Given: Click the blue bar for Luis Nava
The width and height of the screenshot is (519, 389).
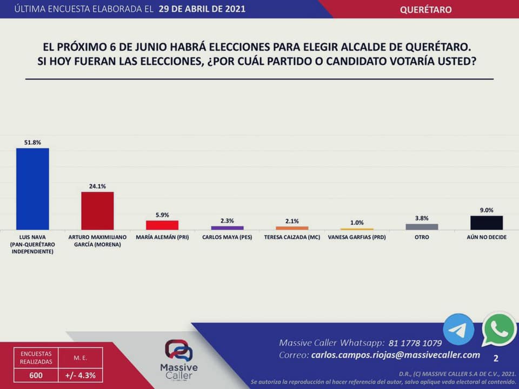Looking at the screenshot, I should pyautogui.click(x=32, y=189).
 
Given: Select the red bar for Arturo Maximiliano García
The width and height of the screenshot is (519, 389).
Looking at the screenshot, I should pyautogui.click(x=97, y=211).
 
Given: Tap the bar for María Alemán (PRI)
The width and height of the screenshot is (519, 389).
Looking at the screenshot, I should pyautogui.click(x=162, y=225).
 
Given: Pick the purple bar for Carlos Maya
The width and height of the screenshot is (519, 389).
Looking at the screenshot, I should pyautogui.click(x=227, y=228).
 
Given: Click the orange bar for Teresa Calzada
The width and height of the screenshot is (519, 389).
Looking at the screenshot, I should pyautogui.click(x=292, y=228).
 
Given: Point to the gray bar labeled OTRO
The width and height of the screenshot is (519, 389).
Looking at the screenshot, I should pyautogui.click(x=422, y=227).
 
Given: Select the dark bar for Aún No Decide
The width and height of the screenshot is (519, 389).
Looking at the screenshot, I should pyautogui.click(x=487, y=223).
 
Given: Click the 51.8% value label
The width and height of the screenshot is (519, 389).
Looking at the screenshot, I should pyautogui.click(x=32, y=143).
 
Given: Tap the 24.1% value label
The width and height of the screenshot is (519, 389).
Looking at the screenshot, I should pyautogui.click(x=97, y=186).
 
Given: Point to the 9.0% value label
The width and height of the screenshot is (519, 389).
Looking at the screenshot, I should pyautogui.click(x=487, y=210).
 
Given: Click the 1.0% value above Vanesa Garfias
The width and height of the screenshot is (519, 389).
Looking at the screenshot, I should pyautogui.click(x=357, y=223).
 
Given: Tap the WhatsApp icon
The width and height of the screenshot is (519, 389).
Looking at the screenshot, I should pyautogui.click(x=499, y=329).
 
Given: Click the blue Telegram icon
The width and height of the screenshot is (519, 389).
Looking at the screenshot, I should pyautogui.click(x=458, y=329).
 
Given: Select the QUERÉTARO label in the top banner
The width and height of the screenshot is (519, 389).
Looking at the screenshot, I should pyautogui.click(x=426, y=10).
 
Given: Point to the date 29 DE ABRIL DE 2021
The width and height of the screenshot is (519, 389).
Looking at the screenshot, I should pyautogui.click(x=202, y=9).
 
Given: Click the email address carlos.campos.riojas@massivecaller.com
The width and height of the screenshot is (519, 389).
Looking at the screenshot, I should pyautogui.click(x=396, y=355).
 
